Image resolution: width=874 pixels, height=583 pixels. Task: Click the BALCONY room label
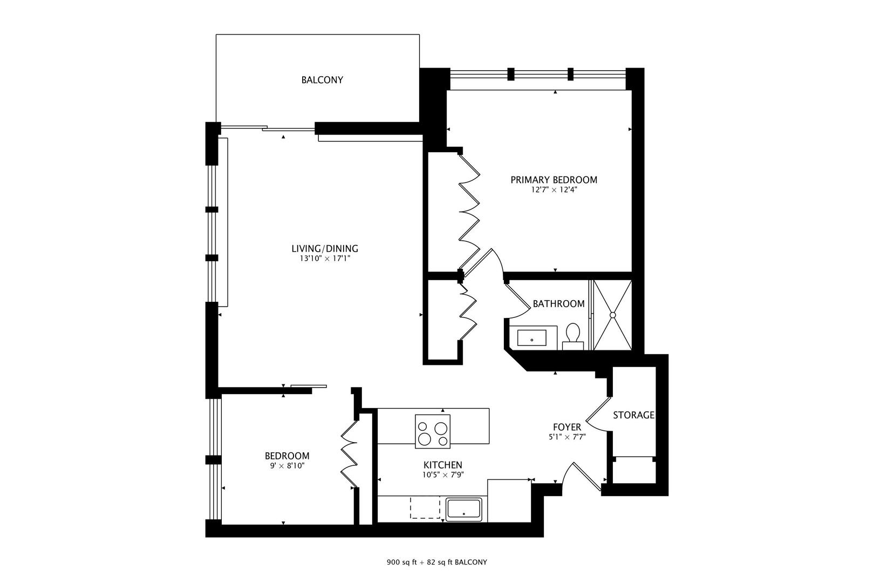tap(322, 80)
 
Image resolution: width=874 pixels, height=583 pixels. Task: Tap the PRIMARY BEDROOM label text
tap(554, 180)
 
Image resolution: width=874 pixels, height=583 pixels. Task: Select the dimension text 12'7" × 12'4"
tap(554, 190)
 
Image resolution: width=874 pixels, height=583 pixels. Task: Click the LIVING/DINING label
tap(325, 249)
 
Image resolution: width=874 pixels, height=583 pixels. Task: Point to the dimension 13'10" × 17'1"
tap(325, 259)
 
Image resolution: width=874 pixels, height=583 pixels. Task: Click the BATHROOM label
tap(558, 304)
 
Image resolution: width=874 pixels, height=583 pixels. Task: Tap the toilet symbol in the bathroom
tap(573, 334)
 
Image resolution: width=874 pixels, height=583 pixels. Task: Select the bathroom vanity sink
tap(532, 338)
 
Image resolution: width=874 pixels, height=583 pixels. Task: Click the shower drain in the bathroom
tap(613, 315)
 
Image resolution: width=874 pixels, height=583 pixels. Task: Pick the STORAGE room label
tap(634, 415)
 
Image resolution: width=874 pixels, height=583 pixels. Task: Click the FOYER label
tap(567, 428)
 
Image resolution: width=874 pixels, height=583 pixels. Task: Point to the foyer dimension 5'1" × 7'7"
tap(566, 437)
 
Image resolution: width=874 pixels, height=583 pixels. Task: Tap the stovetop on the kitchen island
tap(433, 431)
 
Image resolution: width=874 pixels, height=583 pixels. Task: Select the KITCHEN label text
tap(442, 465)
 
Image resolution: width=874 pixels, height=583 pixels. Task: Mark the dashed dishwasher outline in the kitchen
tap(425, 508)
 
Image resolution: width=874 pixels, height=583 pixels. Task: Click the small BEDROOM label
tap(287, 456)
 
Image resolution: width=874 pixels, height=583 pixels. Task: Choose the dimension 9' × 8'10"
tap(287, 466)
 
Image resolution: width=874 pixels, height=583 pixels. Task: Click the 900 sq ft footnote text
tap(436, 562)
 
